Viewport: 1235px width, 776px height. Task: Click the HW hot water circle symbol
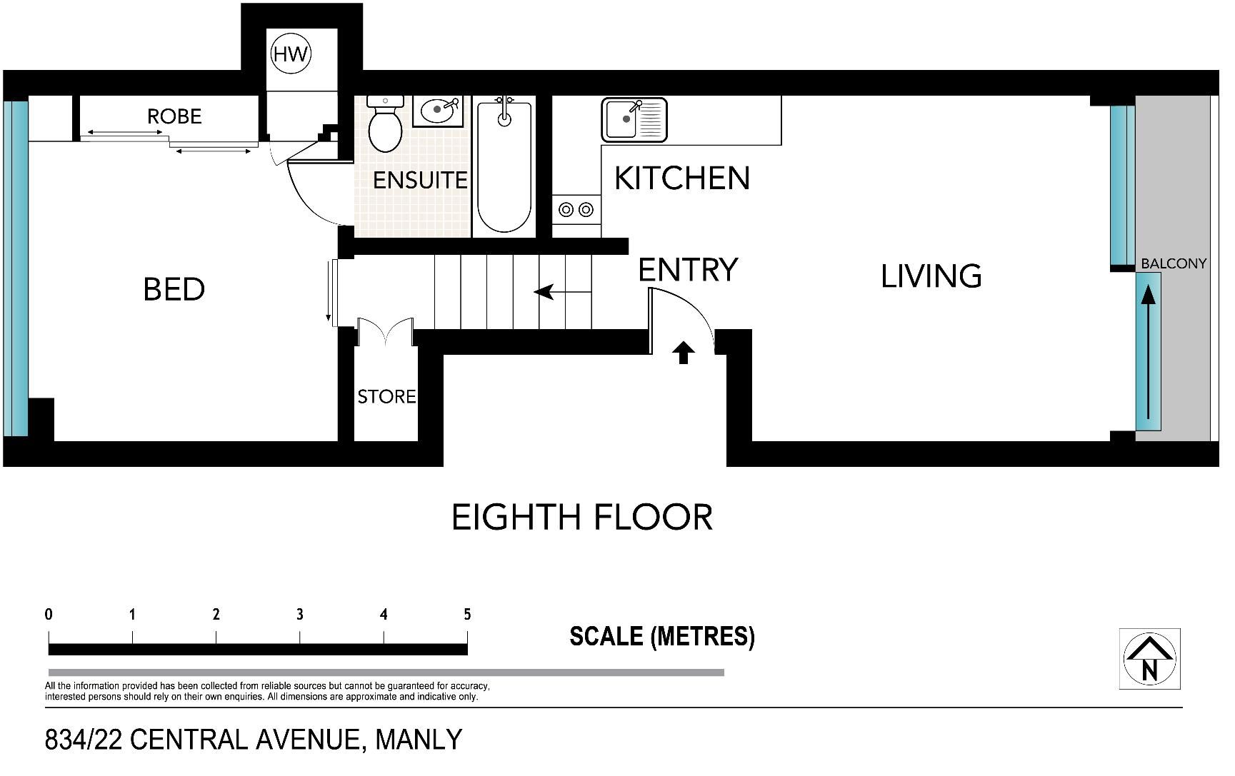(291, 54)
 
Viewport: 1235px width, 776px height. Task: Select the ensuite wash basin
(438, 110)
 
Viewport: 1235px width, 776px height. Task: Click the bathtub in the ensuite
(504, 166)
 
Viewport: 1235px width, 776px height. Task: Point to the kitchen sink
(634, 119)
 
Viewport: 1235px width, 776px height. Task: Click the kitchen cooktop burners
(576, 209)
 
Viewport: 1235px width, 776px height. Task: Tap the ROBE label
(174, 116)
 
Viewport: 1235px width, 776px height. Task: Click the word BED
(174, 289)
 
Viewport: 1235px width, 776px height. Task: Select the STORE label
(386, 396)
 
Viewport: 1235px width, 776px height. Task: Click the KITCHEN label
(682, 178)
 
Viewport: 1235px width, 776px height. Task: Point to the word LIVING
(931, 276)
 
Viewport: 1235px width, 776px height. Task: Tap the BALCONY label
(1174, 263)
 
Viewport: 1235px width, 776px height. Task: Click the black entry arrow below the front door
(684, 352)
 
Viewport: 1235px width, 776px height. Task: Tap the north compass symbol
(1149, 659)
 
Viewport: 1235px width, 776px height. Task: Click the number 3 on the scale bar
(300, 614)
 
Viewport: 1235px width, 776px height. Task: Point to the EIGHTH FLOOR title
(583, 518)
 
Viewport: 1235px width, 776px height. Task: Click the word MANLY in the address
(419, 740)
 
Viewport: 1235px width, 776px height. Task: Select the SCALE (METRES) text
(662, 636)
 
